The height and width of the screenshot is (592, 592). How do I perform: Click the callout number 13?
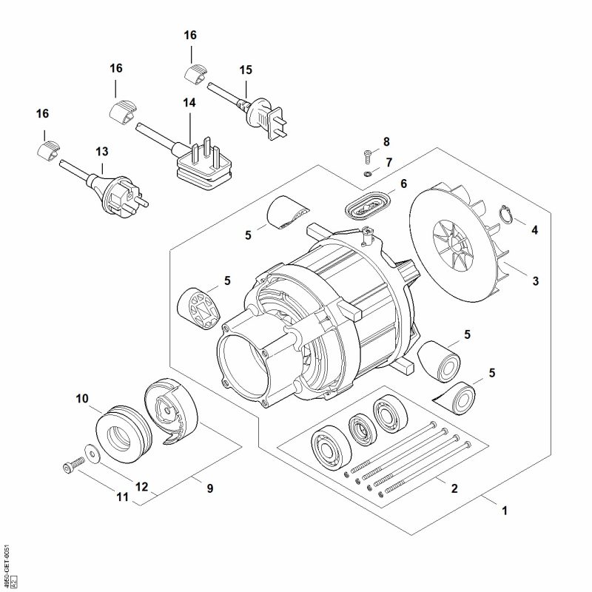tap(101, 151)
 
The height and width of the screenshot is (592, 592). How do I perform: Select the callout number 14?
tap(189, 103)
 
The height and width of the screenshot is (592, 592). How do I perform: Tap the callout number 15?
tap(246, 70)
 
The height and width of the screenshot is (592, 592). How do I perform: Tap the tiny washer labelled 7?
tap(368, 174)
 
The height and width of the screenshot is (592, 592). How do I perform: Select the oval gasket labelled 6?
tap(368, 206)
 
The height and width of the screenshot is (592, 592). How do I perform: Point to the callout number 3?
tap(536, 281)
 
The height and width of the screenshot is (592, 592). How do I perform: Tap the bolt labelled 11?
tap(71, 466)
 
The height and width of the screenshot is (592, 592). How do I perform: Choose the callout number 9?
tap(209, 488)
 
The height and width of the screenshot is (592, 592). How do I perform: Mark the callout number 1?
tap(505, 511)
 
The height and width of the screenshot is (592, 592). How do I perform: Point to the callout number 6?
tap(403, 183)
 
